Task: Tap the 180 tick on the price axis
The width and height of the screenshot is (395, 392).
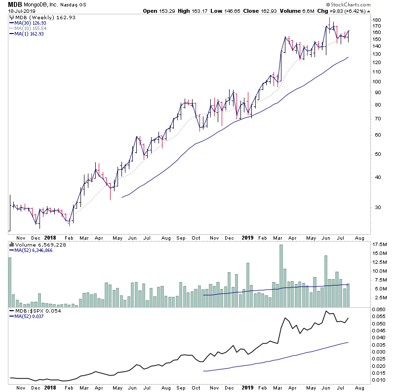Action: [377, 20]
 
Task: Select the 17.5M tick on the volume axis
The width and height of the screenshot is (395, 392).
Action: [380, 245]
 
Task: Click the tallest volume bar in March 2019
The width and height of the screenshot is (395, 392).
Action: [281, 276]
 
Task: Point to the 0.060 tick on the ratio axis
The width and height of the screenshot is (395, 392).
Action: [378, 309]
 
